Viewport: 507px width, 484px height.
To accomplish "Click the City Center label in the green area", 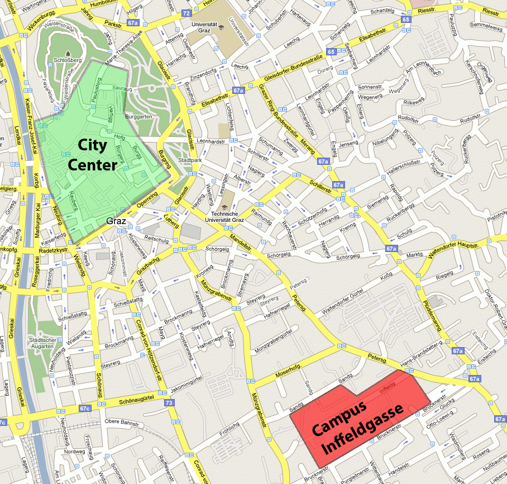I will pos(92,155).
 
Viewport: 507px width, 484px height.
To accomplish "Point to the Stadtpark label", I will pos(190,160).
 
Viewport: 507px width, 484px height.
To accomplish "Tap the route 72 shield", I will pos(186,12).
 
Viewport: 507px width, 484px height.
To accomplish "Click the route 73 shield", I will pos(169,402).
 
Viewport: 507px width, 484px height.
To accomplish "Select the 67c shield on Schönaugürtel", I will pos(84,409).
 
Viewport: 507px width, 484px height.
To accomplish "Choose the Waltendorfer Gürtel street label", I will pos(341,303).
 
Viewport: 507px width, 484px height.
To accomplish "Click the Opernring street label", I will pos(147,200).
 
